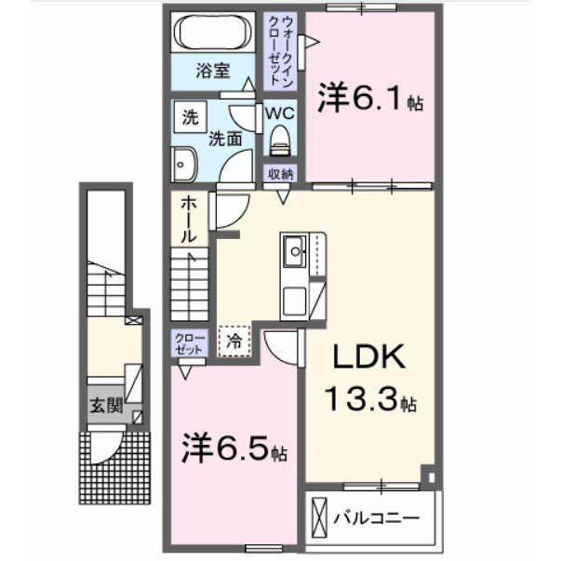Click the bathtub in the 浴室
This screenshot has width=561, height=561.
[212, 33]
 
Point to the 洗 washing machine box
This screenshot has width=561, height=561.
[190, 118]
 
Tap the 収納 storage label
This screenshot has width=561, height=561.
[281, 173]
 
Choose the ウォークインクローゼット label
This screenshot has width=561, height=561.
[283, 49]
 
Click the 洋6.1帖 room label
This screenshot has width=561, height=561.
[370, 100]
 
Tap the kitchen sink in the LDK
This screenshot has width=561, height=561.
[295, 249]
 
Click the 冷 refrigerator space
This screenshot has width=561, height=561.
[235, 340]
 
